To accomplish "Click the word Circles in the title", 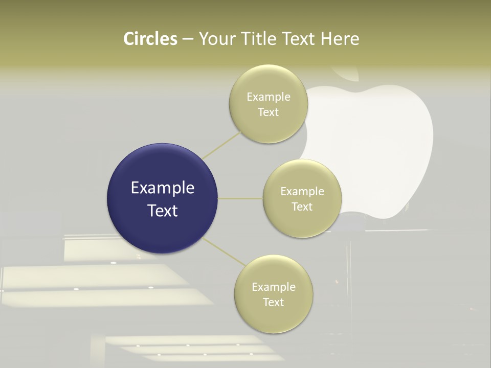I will click(x=150, y=39).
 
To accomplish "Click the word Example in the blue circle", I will click(x=163, y=188).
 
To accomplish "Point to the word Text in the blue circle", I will click(x=163, y=211).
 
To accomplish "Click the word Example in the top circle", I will click(x=269, y=97).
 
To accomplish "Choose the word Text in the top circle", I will click(x=269, y=112).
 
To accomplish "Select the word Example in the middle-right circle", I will click(x=302, y=192).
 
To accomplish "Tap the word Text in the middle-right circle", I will click(x=302, y=207).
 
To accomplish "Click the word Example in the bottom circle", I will click(x=274, y=287).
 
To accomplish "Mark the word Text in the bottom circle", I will click(x=274, y=303).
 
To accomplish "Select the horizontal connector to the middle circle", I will click(x=240, y=198).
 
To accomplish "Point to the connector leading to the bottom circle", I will click(x=224, y=251).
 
